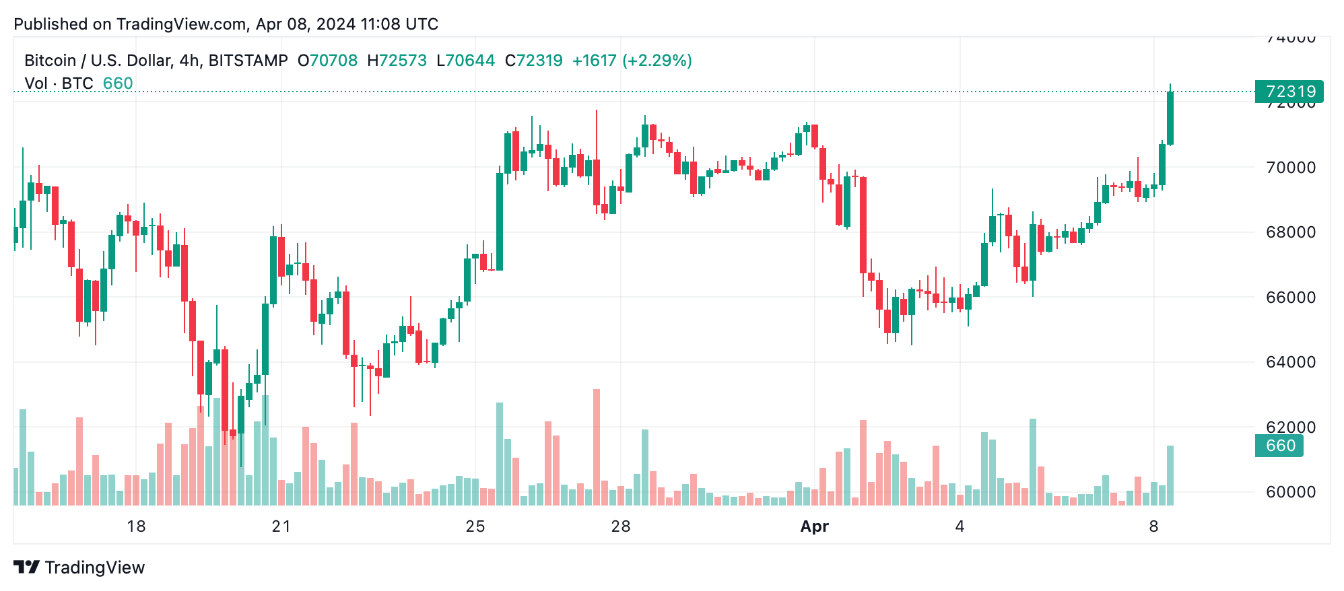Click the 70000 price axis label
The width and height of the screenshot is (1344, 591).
pyautogui.click(x=1290, y=168)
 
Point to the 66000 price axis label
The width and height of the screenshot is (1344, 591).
pyautogui.click(x=1290, y=298)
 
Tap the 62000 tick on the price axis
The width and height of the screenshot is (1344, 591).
pyautogui.click(x=1290, y=427)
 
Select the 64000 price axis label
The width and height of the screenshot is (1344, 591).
pyautogui.click(x=1290, y=362)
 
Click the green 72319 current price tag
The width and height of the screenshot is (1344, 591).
pyautogui.click(x=1289, y=92)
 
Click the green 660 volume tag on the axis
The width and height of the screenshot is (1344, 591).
pyautogui.click(x=1279, y=446)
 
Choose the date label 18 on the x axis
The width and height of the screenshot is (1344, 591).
pyautogui.click(x=136, y=526)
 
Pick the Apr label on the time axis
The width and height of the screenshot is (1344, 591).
pyautogui.click(x=814, y=526)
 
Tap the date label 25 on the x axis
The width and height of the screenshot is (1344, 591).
pyautogui.click(x=475, y=526)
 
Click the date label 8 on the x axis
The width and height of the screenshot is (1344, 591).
pyautogui.click(x=1153, y=526)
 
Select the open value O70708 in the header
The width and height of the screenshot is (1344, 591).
pyautogui.click(x=328, y=61)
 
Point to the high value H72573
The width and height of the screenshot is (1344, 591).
pyautogui.click(x=397, y=61)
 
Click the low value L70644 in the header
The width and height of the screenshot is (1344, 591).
pyautogui.click(x=465, y=61)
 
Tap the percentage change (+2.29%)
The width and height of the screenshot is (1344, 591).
pyautogui.click(x=657, y=61)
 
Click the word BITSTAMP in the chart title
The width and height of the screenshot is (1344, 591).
pyautogui.click(x=248, y=61)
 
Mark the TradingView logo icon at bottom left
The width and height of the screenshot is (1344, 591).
pyautogui.click(x=27, y=567)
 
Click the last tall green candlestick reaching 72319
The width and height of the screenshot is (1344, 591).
pyautogui.click(x=1170, y=118)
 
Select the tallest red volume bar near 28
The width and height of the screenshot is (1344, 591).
pyautogui.click(x=597, y=447)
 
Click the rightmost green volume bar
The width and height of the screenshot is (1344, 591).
pyautogui.click(x=1170, y=475)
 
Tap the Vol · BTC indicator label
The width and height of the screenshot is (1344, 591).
pyautogui.click(x=59, y=83)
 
